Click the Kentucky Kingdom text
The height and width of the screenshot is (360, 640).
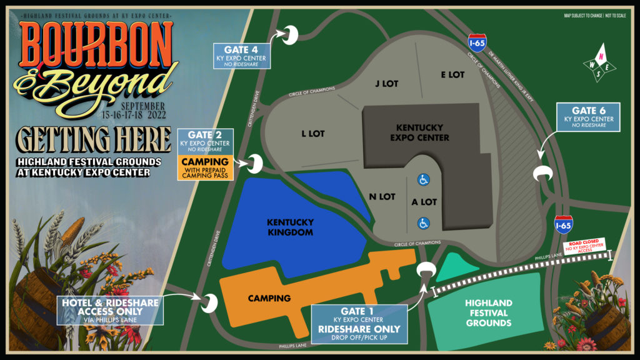pyautogui.click(x=290, y=227)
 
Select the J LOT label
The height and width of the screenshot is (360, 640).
pyautogui.click(x=387, y=83)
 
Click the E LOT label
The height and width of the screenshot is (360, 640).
pyautogui.click(x=452, y=74)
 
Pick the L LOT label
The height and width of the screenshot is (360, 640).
pyautogui.click(x=313, y=133)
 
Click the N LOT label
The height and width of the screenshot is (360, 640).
pyautogui.click(x=382, y=196)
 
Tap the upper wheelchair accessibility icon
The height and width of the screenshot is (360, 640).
pyautogui.click(x=423, y=180)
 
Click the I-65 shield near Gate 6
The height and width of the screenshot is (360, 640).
pyautogui.click(x=563, y=224)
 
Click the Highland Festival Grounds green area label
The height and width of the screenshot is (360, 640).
pyautogui.click(x=488, y=313)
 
